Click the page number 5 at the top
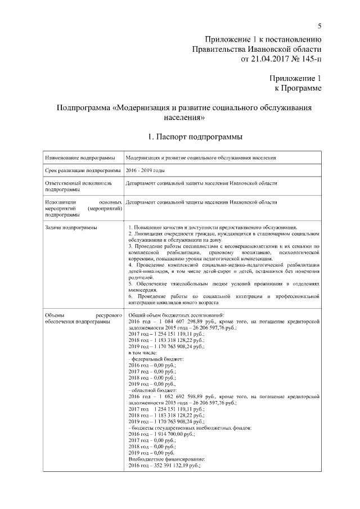319,26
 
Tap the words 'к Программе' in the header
298,88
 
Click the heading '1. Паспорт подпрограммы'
195,137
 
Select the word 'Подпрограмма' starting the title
84,108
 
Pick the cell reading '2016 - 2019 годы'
146,170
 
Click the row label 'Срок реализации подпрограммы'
83,170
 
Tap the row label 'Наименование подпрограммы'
80,157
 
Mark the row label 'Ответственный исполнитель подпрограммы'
78,186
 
